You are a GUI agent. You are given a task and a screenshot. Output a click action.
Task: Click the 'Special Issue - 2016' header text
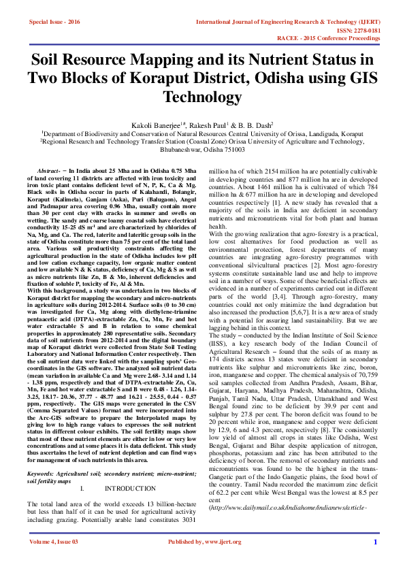point(54,22)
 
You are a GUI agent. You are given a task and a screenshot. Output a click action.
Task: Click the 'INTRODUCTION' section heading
point(129,469)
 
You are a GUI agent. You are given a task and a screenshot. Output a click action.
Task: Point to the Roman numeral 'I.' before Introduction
point(82,469)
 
